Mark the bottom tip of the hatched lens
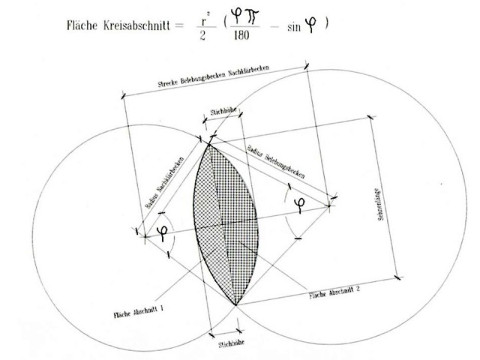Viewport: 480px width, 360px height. tap(235, 304)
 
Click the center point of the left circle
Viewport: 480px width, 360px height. tap(145, 237)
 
